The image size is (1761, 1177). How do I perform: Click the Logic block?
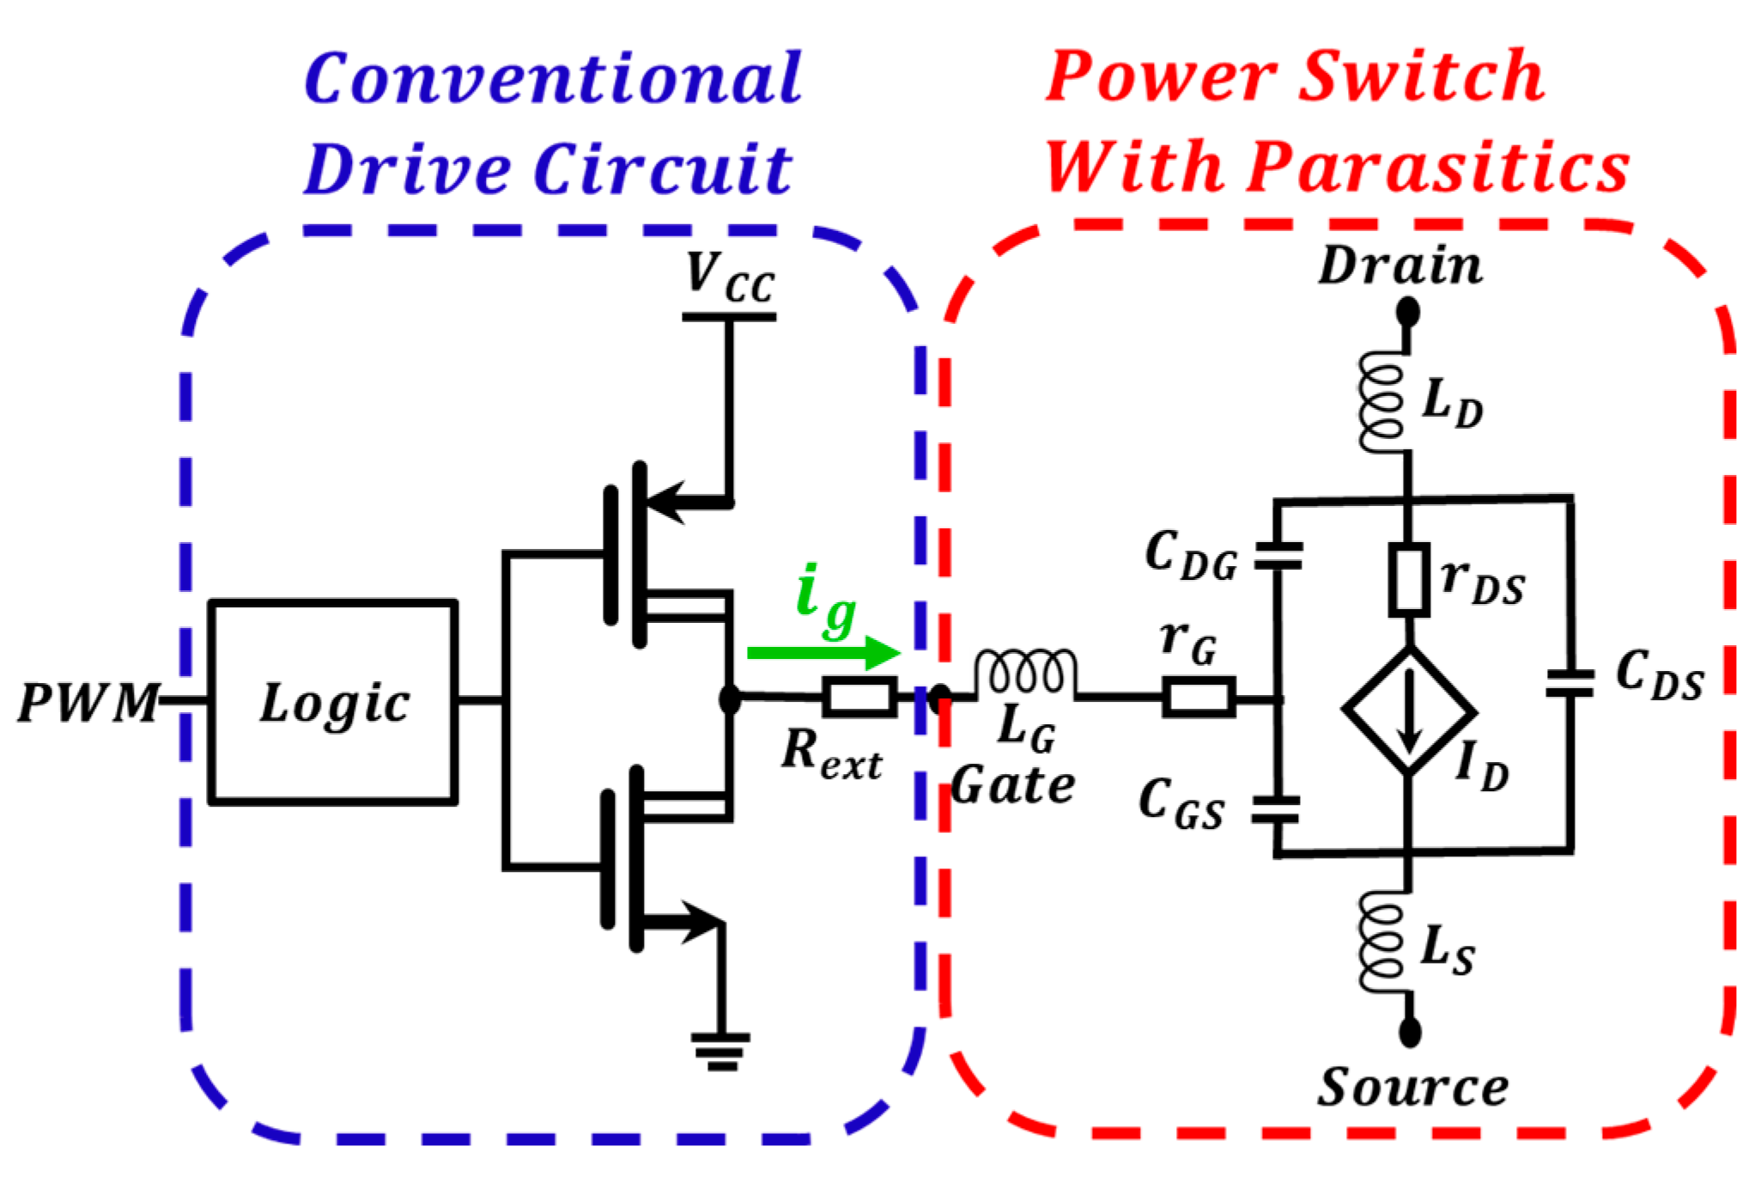pyautogui.click(x=333, y=702)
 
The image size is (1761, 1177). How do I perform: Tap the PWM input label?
pyautogui.click(x=88, y=703)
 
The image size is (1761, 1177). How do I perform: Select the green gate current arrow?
pyautogui.click(x=823, y=653)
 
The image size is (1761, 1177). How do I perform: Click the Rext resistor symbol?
pyautogui.click(x=859, y=697)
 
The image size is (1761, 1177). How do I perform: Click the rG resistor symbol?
pyautogui.click(x=1199, y=697)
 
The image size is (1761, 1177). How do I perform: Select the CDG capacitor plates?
pyautogui.click(x=1278, y=556)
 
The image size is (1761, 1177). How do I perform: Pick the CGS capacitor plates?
pyautogui.click(x=1275, y=809)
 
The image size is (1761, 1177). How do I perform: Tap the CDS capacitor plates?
pyautogui.click(x=1570, y=684)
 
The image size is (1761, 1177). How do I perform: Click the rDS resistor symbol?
pyautogui.click(x=1409, y=579)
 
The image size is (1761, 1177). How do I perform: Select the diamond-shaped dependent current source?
pyautogui.click(x=1409, y=711)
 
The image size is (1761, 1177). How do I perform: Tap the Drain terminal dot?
pyautogui.click(x=1407, y=311)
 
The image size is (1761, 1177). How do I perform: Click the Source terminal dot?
pyautogui.click(x=1409, y=1031)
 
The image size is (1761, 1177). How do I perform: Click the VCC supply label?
pyautogui.click(x=730, y=277)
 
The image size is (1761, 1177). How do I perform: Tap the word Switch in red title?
pyautogui.click(x=1421, y=77)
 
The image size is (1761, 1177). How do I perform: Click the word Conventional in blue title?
pyautogui.click(x=554, y=79)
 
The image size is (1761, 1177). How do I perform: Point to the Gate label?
pyautogui.click(x=1013, y=785)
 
